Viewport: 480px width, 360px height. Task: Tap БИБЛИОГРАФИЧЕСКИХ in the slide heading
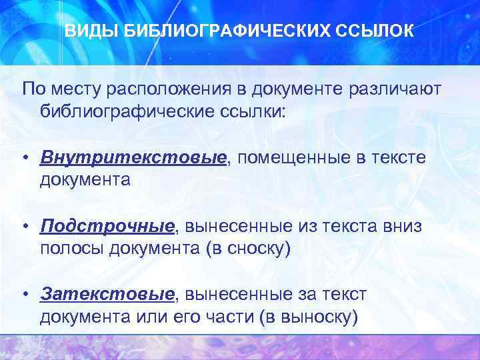coord(222,31)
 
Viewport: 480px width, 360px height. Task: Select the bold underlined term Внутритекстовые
coord(133,158)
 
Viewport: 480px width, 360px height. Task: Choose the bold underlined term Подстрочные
coord(107,226)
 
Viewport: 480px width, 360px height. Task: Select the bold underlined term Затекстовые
coord(107,294)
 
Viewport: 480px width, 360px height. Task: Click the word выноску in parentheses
coord(320,315)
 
